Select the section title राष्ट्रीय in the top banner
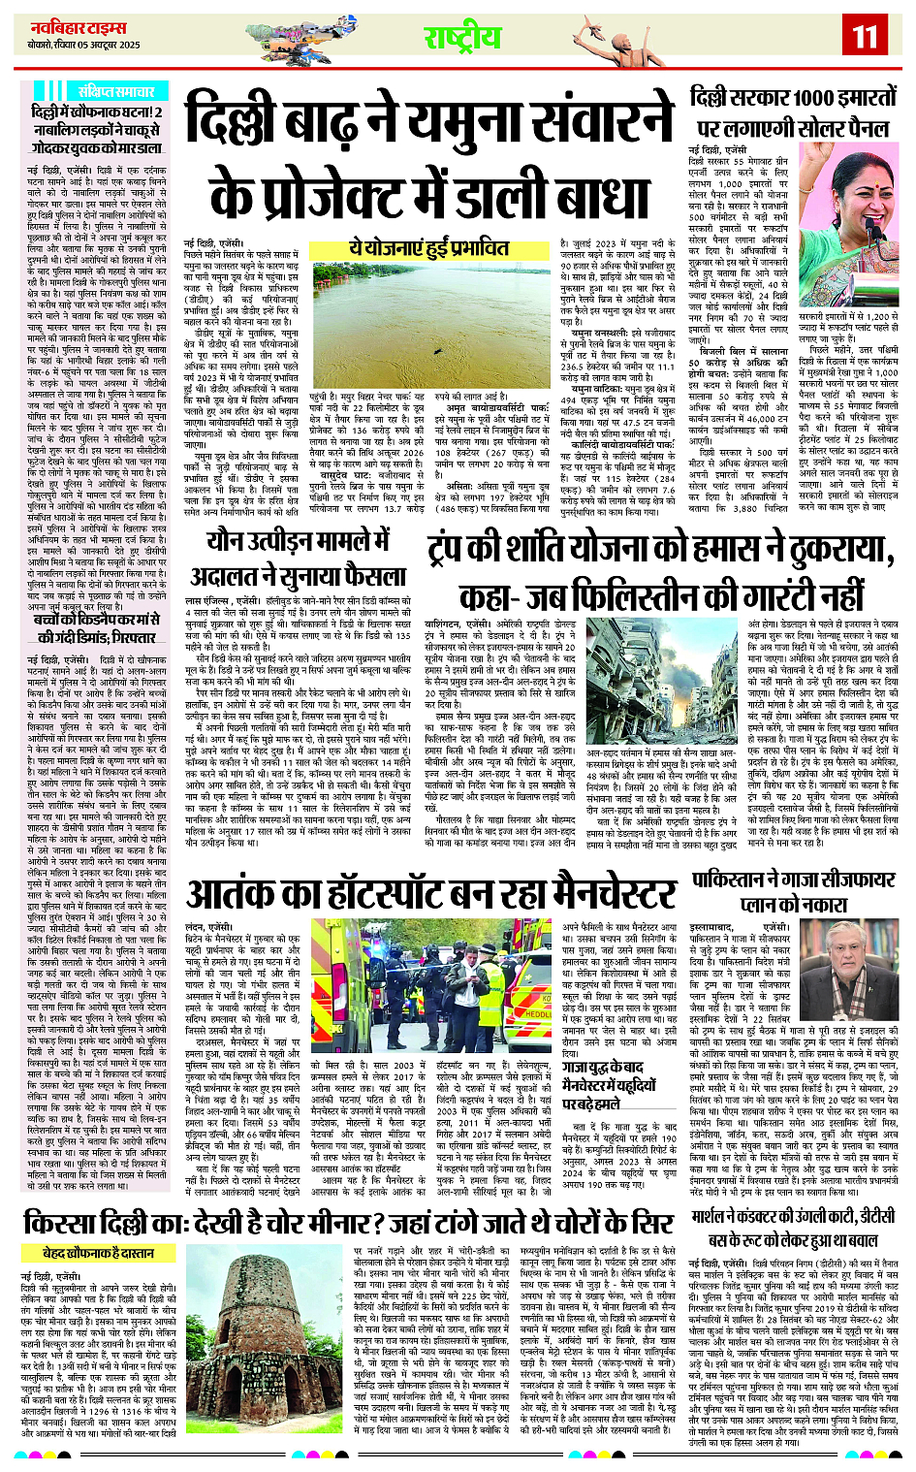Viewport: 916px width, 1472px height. pyautogui.click(x=462, y=38)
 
